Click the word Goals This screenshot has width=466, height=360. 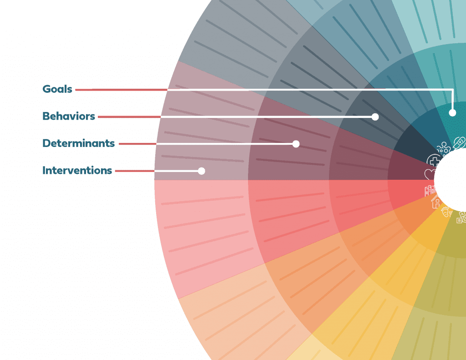pyautogui.click(x=57, y=89)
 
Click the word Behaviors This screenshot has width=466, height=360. pyautogui.click(x=69, y=116)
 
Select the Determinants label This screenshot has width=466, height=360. pyautogui.click(x=78, y=143)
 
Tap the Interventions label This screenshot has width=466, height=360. pyautogui.click(x=77, y=171)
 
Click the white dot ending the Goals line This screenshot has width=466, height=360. pyautogui.click(x=452, y=112)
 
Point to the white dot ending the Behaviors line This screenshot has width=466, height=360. pyautogui.click(x=375, y=117)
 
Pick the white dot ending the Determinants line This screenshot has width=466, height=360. pyautogui.click(x=296, y=144)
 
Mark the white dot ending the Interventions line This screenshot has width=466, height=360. pyautogui.click(x=202, y=171)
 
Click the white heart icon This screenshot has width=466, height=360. pyautogui.click(x=430, y=174)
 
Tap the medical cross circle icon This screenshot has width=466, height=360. pyautogui.click(x=434, y=161)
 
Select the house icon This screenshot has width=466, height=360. pyautogui.click(x=436, y=203)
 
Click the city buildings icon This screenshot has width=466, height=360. pyautogui.click(x=430, y=190)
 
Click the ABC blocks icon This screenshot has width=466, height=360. pyautogui.click(x=461, y=218)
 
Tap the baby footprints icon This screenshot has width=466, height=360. pyautogui.click(x=446, y=212)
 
